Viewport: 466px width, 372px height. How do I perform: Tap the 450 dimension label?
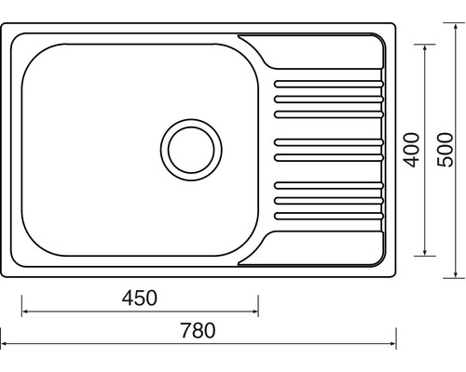140,298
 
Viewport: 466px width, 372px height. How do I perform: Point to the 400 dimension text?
411,149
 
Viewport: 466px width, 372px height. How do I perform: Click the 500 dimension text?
445,149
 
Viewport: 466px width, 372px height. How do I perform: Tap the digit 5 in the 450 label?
140,298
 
